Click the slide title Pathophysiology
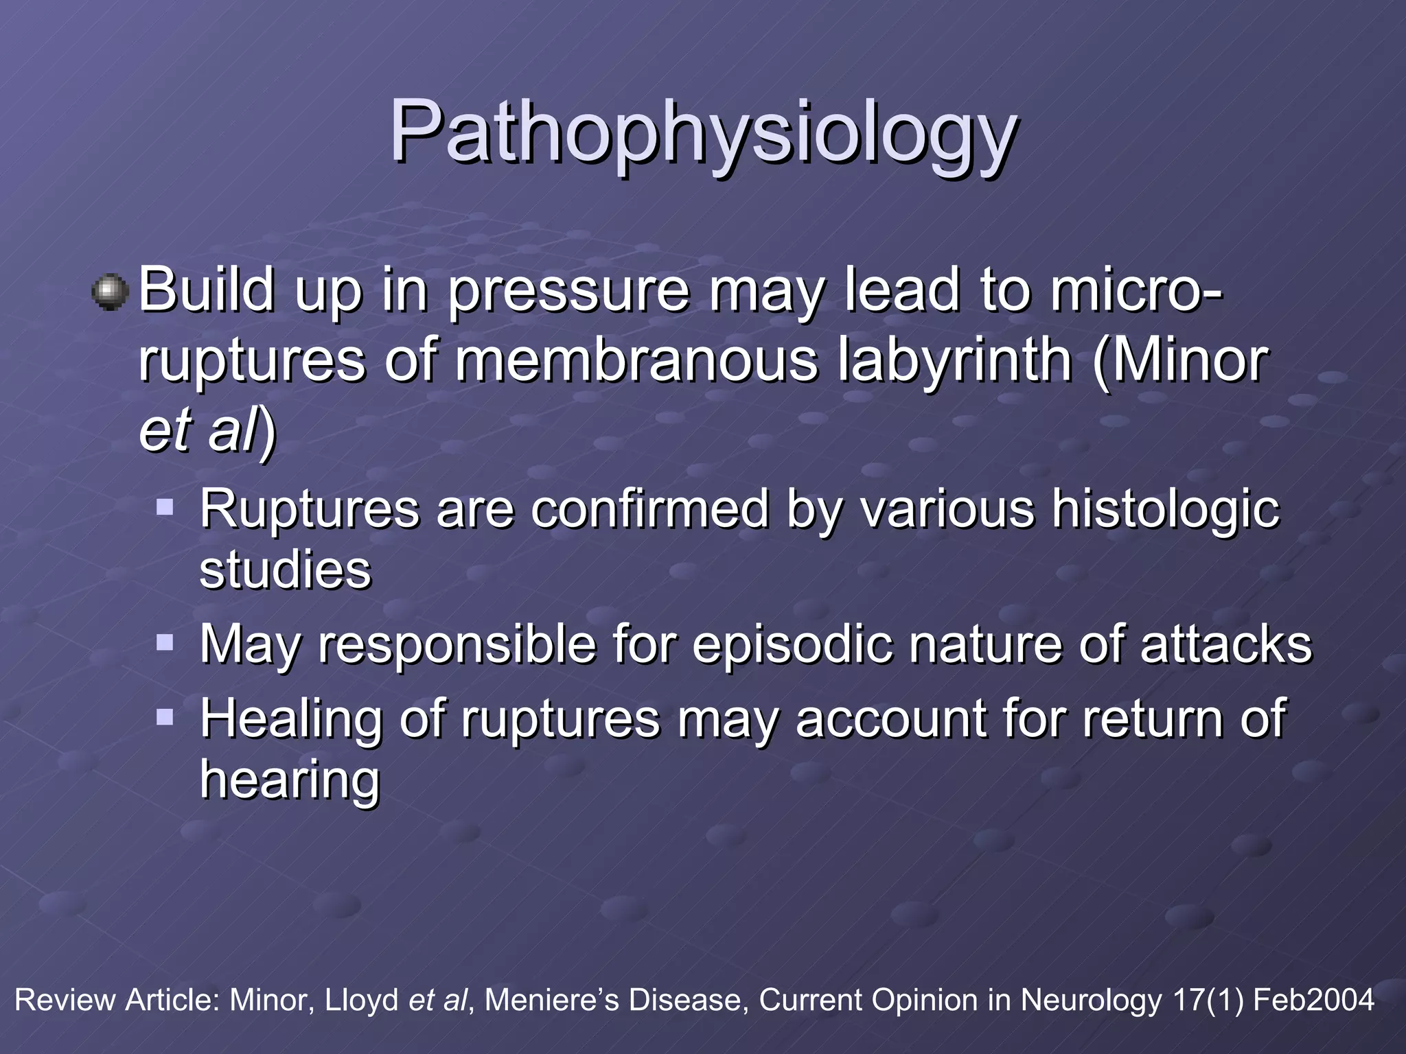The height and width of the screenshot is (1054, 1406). tap(703, 132)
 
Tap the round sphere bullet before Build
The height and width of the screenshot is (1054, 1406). tap(110, 292)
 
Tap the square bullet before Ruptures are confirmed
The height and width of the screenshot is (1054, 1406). tap(165, 508)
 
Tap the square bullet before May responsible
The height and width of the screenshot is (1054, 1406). tap(165, 643)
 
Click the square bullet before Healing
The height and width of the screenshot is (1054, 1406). tap(165, 718)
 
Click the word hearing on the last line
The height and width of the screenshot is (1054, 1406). tap(289, 781)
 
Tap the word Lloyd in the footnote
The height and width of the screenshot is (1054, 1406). tap(361, 1000)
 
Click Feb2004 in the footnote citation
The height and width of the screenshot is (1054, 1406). tap(1313, 1000)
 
